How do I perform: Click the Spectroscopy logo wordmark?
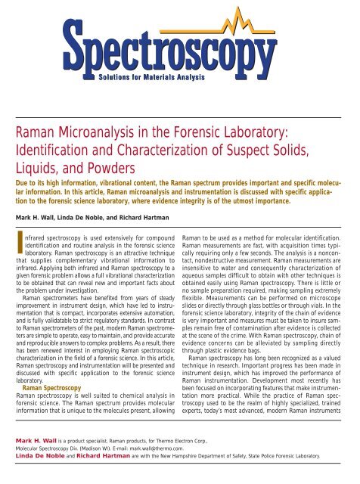tap(179, 44)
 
